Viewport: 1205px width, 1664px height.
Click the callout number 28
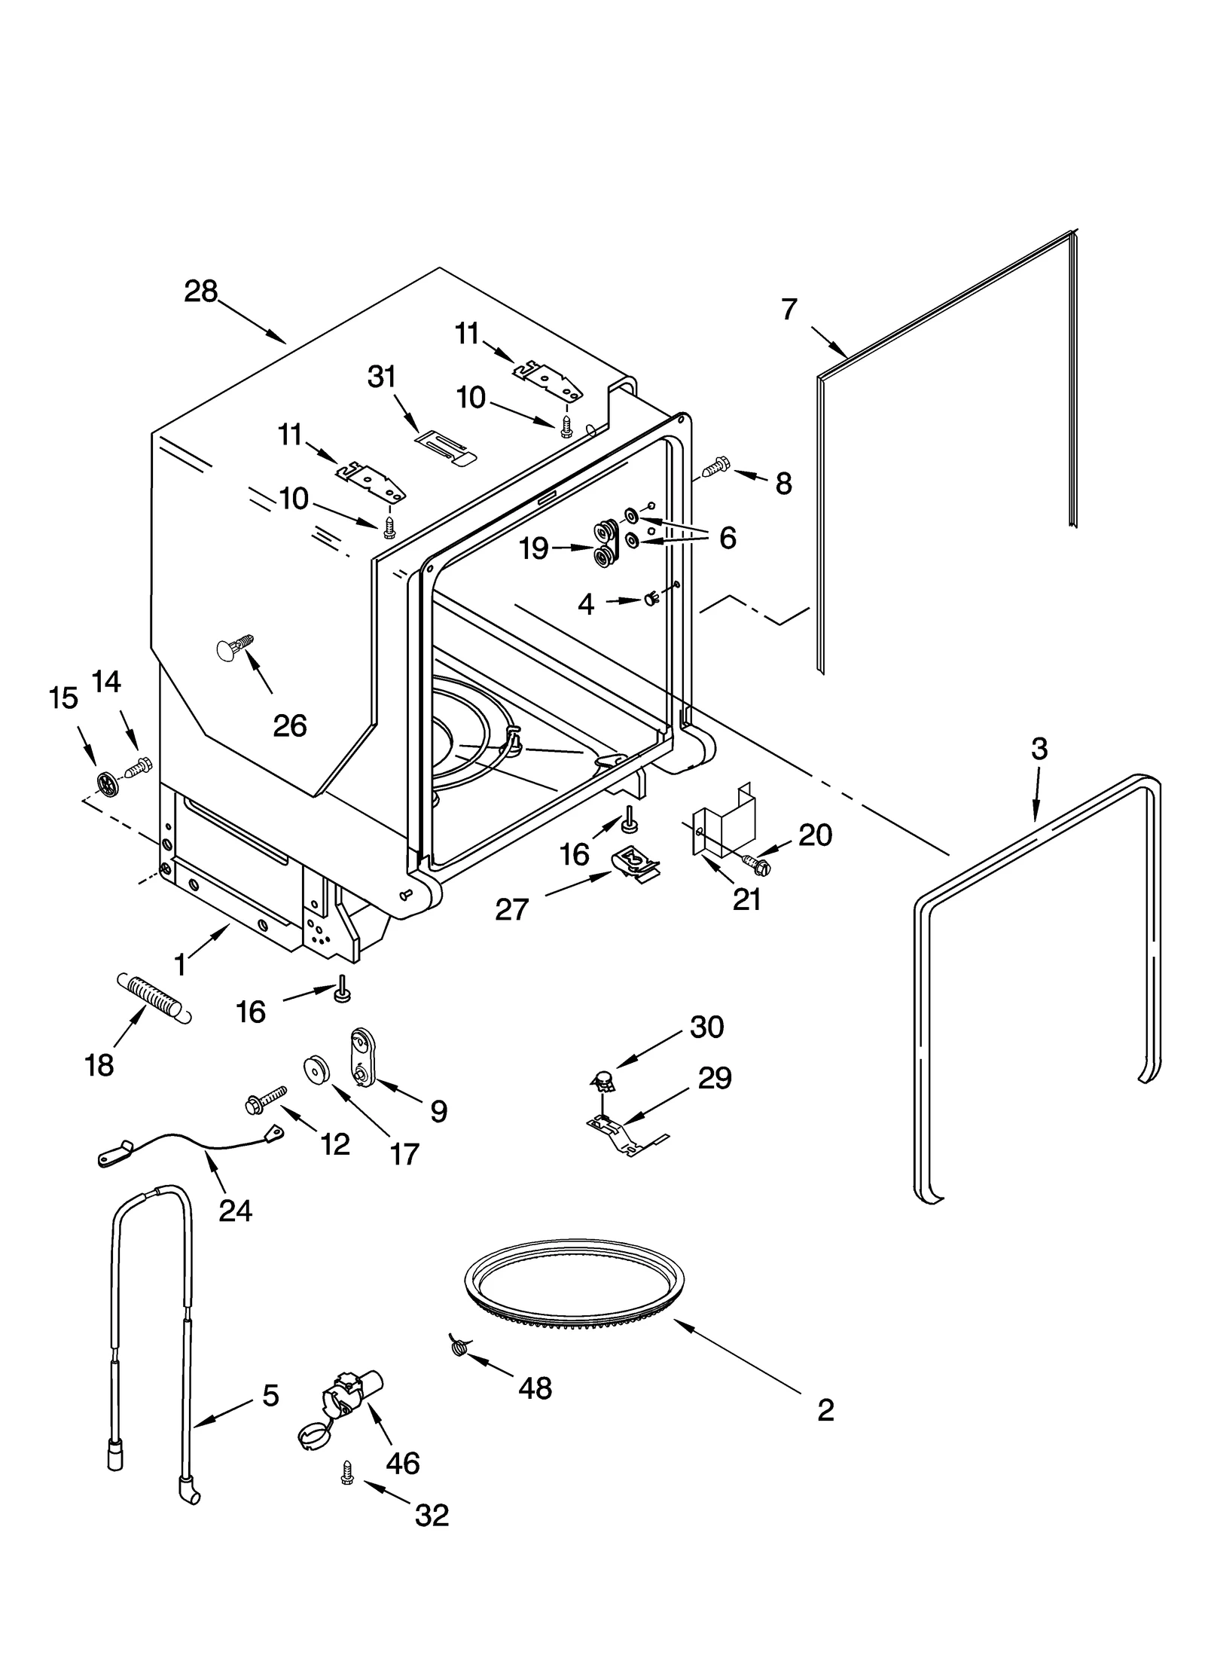200,292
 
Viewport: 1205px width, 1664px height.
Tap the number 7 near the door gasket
789,309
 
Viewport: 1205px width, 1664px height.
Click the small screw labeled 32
347,1473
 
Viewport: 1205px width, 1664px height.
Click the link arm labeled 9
362,1058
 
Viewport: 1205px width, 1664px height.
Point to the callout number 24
235,1211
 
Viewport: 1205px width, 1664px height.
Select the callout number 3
1039,749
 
